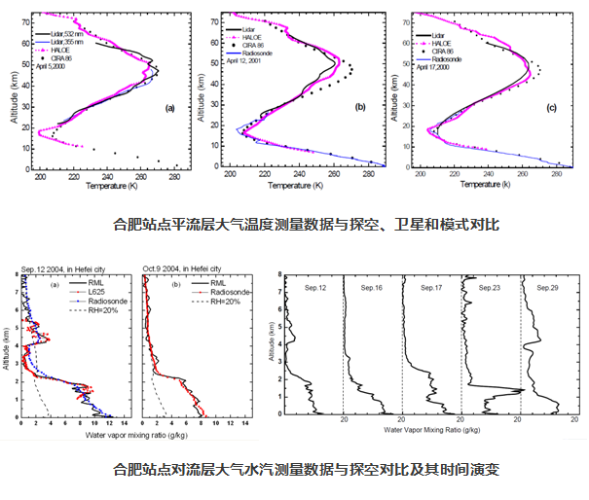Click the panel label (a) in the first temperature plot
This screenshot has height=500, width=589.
click(x=169, y=108)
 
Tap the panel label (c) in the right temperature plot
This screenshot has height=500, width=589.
click(x=552, y=108)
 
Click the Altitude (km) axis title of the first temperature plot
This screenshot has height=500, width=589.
click(x=11, y=89)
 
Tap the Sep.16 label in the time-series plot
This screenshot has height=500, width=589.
click(x=370, y=289)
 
